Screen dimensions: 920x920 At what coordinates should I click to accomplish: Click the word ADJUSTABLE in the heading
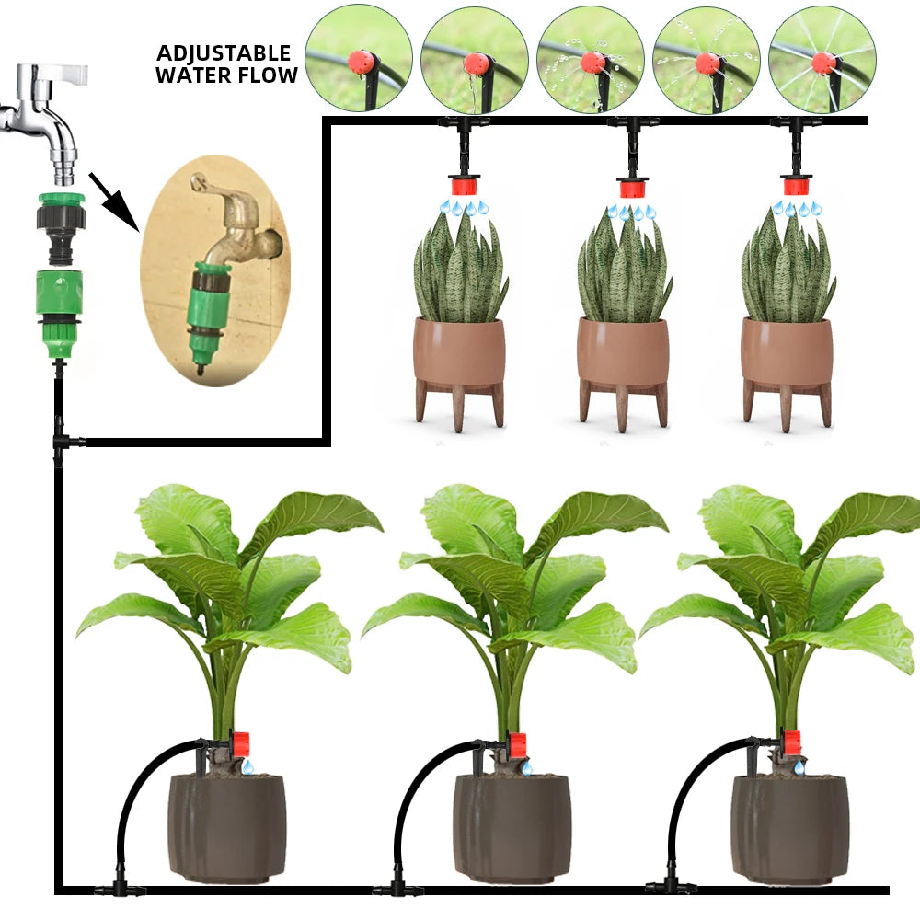pyautogui.click(x=224, y=53)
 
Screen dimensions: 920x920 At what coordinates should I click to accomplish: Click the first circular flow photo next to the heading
pyautogui.click(x=358, y=59)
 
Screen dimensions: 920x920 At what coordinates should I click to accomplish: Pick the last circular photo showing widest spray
pyautogui.click(x=822, y=59)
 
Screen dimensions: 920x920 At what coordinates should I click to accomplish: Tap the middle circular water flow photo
pyautogui.click(x=590, y=59)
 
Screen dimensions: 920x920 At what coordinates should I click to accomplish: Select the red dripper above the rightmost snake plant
pyautogui.click(x=796, y=186)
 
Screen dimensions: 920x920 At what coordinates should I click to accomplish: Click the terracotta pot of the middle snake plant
pyautogui.click(x=623, y=352)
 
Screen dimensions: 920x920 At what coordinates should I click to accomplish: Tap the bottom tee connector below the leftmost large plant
pyautogui.click(x=118, y=889)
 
